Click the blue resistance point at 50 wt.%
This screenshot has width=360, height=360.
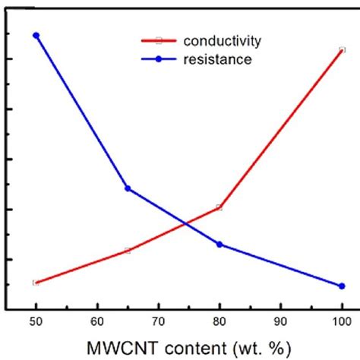tap(36, 35)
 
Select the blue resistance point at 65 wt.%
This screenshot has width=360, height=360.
tap(128, 188)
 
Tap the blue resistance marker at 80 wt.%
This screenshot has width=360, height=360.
tap(219, 244)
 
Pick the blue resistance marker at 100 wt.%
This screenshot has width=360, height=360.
tap(342, 286)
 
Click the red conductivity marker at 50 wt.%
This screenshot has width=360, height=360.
tap(36, 283)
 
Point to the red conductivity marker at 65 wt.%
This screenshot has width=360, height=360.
tap(128, 250)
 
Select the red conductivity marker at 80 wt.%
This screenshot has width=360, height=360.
tap(219, 207)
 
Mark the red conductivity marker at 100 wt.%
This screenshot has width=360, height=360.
tap(342, 50)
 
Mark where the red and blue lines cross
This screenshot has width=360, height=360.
tap(186, 224)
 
